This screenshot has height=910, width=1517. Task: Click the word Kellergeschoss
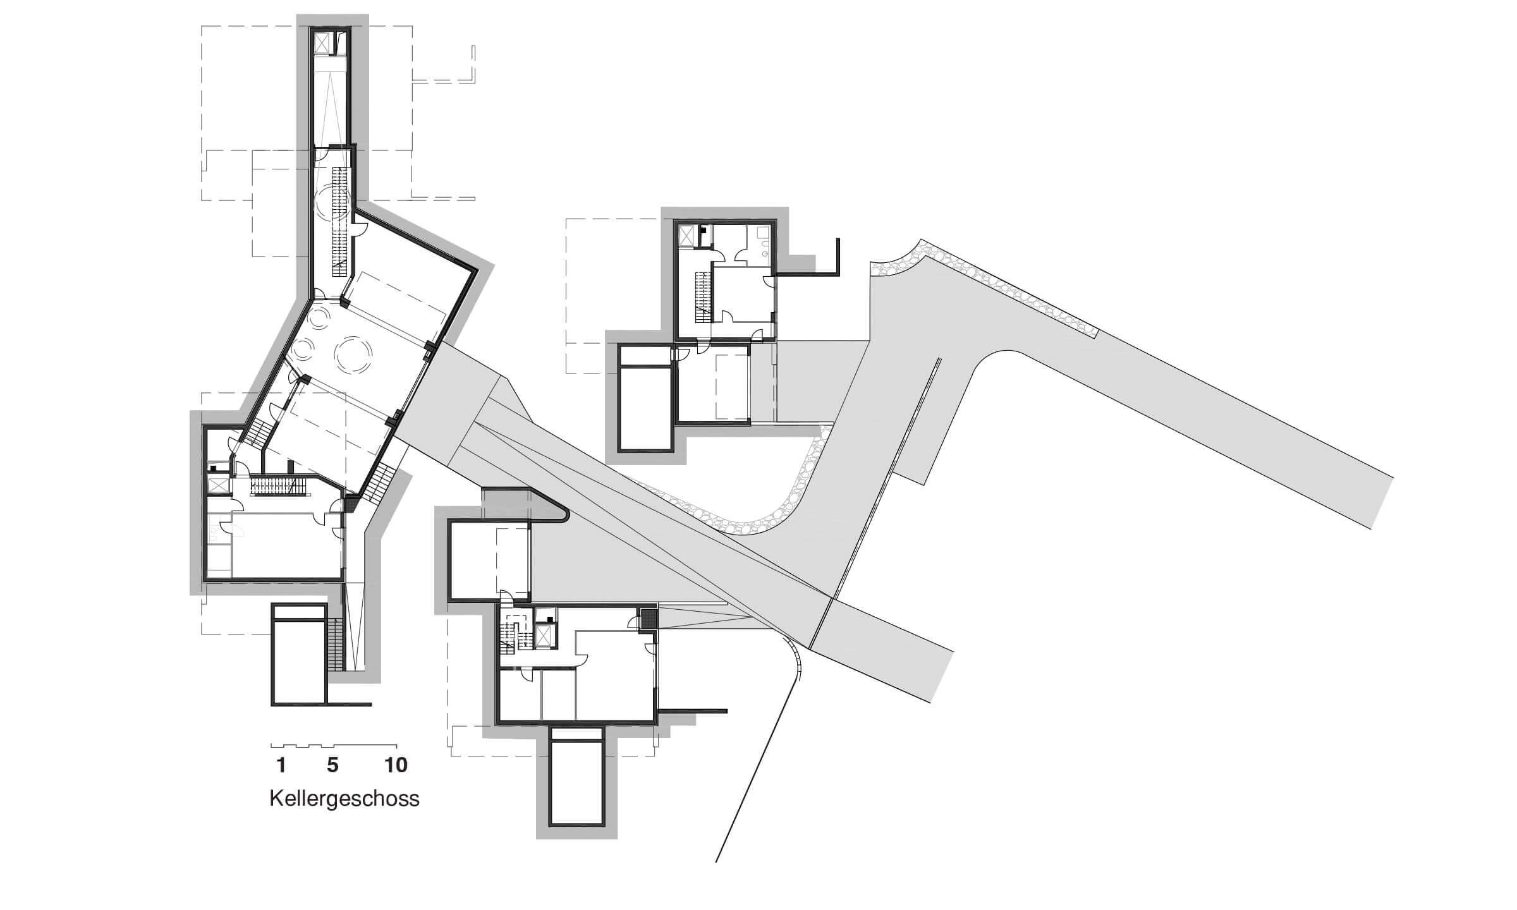344,799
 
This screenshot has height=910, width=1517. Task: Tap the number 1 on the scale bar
281,765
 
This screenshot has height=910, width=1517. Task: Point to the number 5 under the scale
332,765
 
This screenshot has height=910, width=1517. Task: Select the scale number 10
396,765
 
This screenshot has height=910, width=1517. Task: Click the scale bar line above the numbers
334,746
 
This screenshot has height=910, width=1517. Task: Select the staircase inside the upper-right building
703,297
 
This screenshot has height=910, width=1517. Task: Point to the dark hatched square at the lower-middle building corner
648,619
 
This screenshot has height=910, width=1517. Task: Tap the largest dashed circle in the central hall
354,354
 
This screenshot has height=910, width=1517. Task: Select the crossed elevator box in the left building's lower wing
217,485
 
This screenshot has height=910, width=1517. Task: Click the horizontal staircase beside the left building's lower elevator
278,486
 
